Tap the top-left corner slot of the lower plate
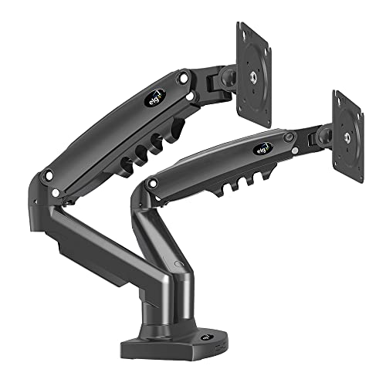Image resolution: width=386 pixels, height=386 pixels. coord(339,98)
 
